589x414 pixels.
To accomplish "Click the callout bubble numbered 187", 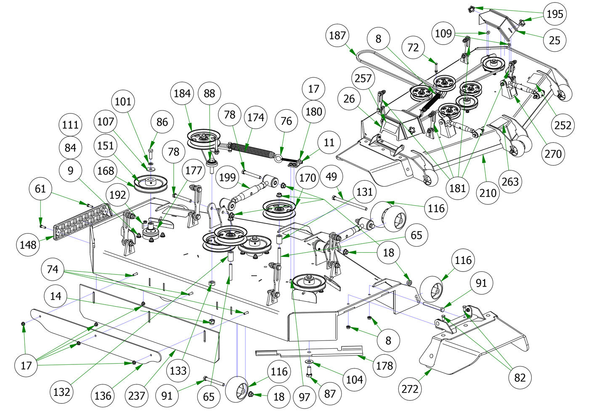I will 337,36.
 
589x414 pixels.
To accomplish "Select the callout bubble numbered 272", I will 410,389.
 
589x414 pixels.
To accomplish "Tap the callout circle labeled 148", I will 28,244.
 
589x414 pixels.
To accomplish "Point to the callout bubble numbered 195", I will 555,14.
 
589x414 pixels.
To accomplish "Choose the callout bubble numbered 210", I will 488,193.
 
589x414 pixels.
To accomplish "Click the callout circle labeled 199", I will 228,177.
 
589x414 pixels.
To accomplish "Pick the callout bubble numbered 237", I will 136,395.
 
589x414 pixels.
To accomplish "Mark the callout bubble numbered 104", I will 354,380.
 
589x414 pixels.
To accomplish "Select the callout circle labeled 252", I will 563,125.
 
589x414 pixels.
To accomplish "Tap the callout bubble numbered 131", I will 364,192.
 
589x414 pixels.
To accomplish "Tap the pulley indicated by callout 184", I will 204,139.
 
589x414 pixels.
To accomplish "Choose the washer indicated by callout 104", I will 309,361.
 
